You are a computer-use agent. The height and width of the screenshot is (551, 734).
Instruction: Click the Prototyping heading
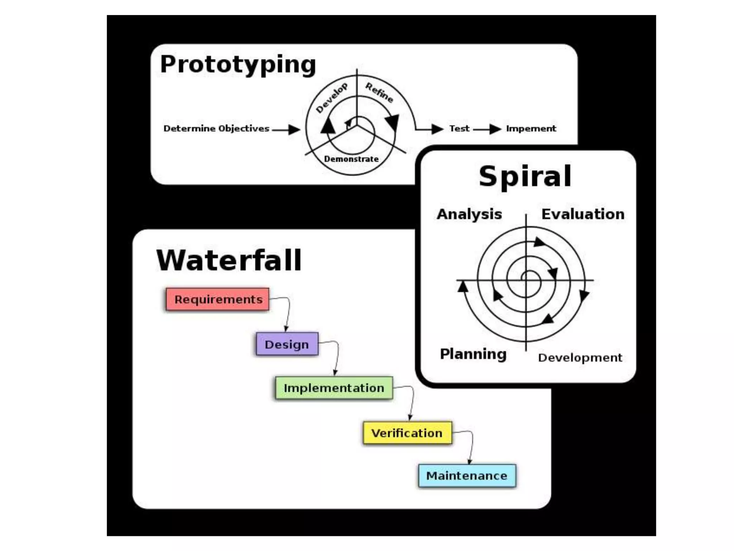click(x=238, y=65)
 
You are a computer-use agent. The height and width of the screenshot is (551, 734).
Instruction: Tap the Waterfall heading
click(x=229, y=260)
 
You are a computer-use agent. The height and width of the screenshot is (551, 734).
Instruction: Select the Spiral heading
click(x=525, y=176)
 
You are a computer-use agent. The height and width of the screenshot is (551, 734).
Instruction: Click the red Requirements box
click(x=218, y=299)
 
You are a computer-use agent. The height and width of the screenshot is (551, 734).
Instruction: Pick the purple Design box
click(x=287, y=344)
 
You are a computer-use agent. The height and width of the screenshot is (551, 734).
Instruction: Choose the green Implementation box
click(x=334, y=388)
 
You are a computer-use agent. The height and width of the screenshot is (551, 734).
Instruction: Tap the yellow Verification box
click(x=407, y=433)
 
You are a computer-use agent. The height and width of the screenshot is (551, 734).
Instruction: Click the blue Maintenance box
click(x=467, y=476)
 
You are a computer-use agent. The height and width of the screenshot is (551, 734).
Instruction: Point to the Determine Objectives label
click(x=216, y=128)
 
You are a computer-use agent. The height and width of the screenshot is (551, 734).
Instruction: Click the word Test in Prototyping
click(x=459, y=128)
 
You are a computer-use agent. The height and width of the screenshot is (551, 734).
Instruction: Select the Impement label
click(x=531, y=128)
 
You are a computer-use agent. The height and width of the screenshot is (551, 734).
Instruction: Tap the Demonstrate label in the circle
click(x=351, y=159)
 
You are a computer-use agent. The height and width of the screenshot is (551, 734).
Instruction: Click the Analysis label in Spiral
click(x=469, y=214)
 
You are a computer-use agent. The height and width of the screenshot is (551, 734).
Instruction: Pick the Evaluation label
click(x=583, y=214)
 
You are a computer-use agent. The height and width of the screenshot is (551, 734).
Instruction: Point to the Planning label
click(x=473, y=354)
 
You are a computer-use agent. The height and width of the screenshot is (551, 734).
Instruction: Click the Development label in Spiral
click(x=580, y=358)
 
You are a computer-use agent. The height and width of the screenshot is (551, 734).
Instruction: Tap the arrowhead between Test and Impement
click(x=495, y=129)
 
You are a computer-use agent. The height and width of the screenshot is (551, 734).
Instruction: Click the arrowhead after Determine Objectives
click(x=294, y=129)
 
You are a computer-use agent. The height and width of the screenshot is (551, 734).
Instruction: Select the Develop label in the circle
click(x=332, y=98)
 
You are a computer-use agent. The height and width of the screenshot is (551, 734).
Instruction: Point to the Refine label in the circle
click(x=379, y=92)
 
